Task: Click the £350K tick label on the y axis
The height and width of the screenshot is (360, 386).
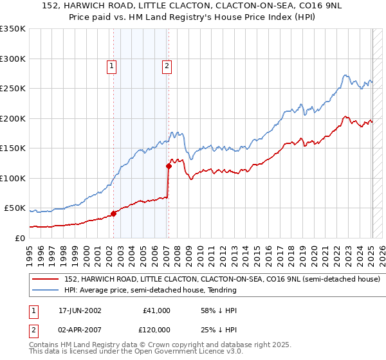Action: [13, 29]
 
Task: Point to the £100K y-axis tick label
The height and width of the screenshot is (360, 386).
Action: [13, 178]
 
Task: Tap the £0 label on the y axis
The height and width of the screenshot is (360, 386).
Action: [20, 238]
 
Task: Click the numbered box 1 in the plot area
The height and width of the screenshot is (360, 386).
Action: [111, 65]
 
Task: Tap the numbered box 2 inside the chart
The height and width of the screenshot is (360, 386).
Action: [166, 65]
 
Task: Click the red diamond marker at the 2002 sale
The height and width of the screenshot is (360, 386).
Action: [114, 213]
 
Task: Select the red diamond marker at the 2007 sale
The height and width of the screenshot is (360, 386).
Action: [169, 166]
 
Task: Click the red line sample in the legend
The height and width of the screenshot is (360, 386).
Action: [46, 280]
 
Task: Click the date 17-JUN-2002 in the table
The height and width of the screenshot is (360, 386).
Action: [80, 310]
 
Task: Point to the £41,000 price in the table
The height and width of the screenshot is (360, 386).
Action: [157, 310]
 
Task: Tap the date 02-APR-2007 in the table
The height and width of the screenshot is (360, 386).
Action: [80, 330]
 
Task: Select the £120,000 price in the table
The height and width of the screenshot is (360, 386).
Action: [155, 330]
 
